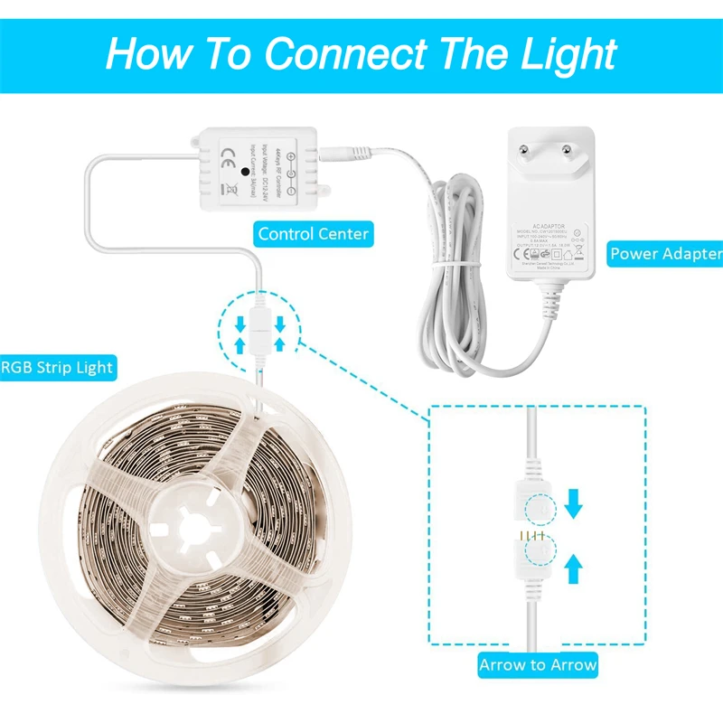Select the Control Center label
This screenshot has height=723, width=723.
click(x=314, y=234)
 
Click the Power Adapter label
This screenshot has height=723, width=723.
click(x=665, y=254)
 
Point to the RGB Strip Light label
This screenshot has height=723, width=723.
click(x=57, y=367)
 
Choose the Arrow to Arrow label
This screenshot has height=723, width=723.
click(x=538, y=665)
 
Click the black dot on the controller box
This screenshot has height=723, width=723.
click(x=246, y=169)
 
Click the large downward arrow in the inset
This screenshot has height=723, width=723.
click(x=574, y=504)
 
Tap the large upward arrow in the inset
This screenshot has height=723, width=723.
click(x=574, y=566)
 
